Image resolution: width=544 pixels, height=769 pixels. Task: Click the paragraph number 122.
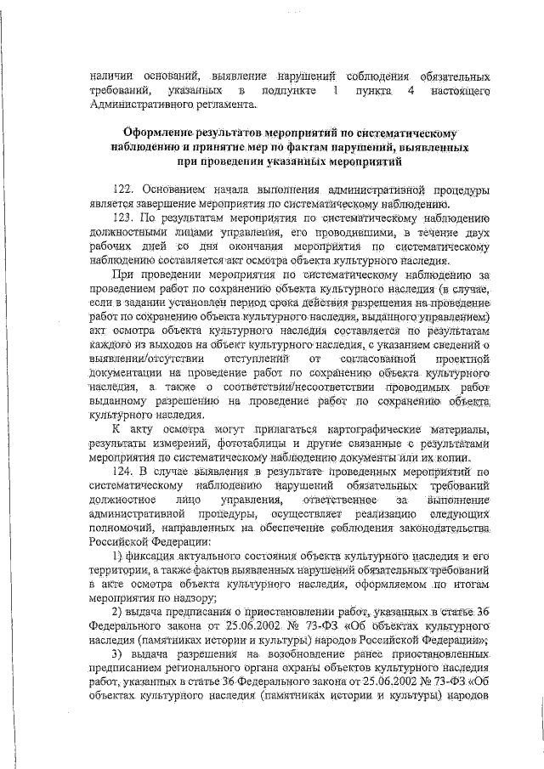pos(126,188)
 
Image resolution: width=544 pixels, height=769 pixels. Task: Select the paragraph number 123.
pos(126,218)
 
